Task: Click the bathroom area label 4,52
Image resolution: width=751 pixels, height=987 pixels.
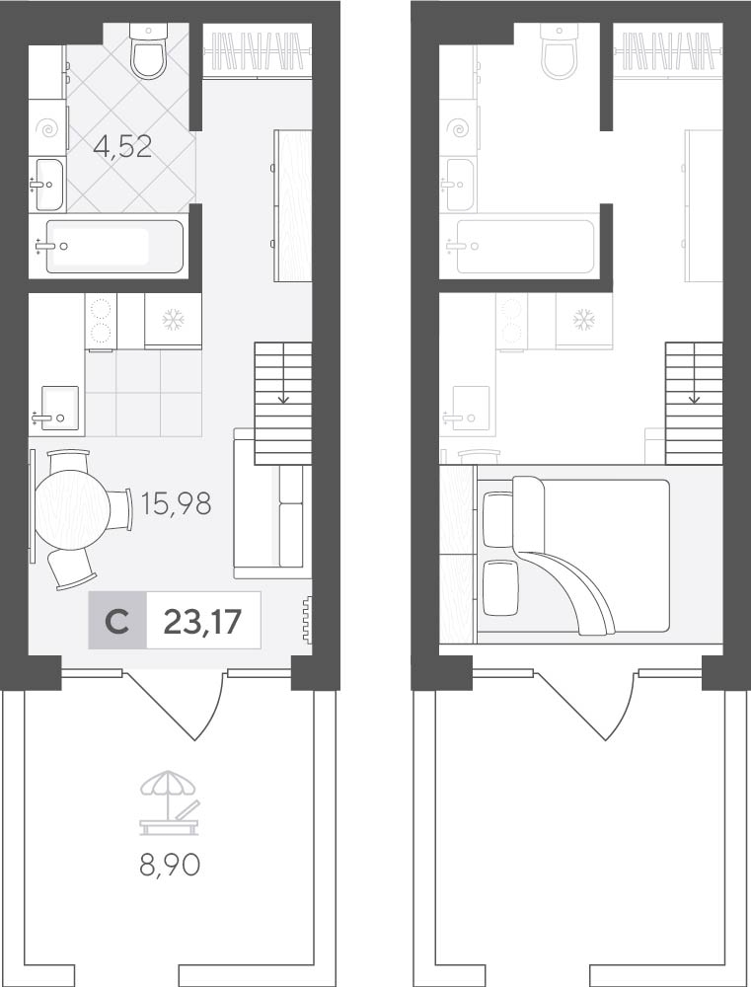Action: pos(122,148)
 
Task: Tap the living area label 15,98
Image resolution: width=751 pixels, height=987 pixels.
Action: pos(177,503)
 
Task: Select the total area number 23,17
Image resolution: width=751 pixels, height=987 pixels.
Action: pos(202,621)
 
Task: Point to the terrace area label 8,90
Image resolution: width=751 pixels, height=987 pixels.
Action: pos(170,865)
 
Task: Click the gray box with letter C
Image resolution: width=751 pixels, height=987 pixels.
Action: pos(117,621)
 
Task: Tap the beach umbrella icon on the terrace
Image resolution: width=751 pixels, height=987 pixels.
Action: pos(170,804)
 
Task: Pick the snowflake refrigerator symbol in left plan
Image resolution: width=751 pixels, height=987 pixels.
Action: pos(173,321)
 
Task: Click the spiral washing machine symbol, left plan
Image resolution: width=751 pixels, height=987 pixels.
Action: pos(48,129)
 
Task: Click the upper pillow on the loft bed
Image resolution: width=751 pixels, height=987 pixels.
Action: pos(498,520)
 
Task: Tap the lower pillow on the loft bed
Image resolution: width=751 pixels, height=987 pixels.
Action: pos(499,588)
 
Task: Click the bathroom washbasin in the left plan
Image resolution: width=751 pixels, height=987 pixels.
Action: pos(48,185)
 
